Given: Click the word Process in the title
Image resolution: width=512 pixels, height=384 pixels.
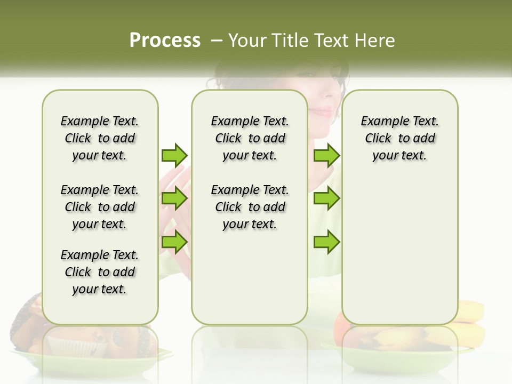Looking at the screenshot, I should [165, 41].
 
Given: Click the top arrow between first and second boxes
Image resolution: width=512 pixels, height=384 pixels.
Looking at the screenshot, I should [174, 155].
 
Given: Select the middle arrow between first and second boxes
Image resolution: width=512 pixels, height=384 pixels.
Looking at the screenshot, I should [174, 199].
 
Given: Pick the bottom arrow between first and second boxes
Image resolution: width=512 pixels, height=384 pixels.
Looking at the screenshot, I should [174, 242].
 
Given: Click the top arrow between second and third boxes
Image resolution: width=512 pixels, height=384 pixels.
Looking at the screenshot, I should [326, 156].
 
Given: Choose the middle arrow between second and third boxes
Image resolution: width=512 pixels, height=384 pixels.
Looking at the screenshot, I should [326, 199].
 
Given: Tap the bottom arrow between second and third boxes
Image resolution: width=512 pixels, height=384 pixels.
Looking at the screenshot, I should [326, 242].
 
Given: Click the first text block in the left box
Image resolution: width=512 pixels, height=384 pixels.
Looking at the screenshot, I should [100, 138].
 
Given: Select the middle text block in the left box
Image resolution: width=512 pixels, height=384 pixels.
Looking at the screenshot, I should [100, 207].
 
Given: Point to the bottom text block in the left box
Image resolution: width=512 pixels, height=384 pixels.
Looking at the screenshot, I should [100, 272].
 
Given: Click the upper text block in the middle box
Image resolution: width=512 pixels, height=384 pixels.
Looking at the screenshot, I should [250, 138].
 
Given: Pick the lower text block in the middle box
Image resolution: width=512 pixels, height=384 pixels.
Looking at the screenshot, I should [250, 207].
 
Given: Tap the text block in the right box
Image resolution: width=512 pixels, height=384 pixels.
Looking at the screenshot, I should [399, 138].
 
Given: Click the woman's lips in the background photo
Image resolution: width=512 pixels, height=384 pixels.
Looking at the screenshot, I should [322, 111].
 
